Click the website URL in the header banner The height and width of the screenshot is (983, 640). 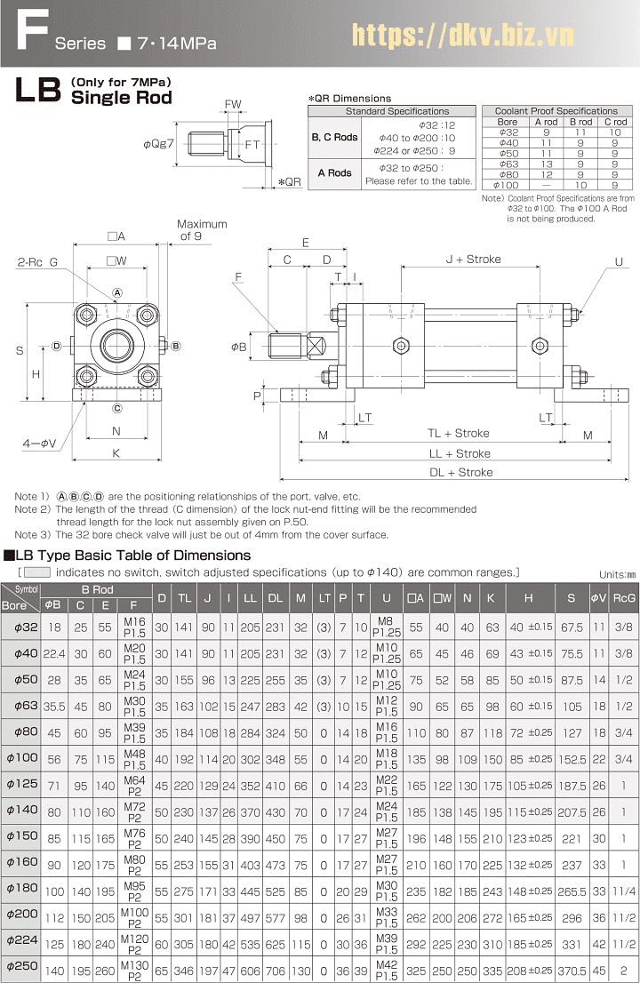[x=462, y=35]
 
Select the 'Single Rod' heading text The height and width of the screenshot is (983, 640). [x=121, y=97]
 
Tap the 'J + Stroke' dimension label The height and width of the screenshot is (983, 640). [x=473, y=259]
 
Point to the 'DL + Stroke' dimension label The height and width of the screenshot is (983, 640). [x=460, y=472]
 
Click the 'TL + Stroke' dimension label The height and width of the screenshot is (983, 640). [x=458, y=433]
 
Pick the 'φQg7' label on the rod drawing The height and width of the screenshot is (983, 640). [x=158, y=144]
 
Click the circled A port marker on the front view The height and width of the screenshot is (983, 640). [x=117, y=292]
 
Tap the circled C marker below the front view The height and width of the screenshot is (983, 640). [x=117, y=409]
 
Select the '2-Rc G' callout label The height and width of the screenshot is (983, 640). [x=37, y=262]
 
